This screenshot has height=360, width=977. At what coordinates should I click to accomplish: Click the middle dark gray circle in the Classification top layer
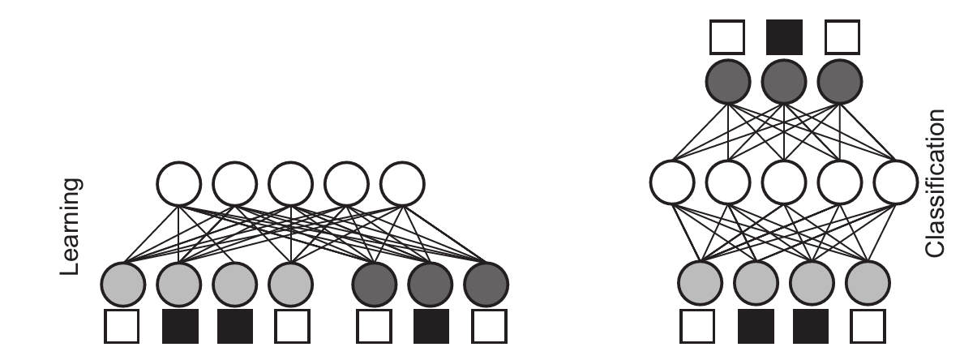coord(784,83)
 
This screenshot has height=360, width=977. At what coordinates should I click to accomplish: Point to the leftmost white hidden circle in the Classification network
coord(671,184)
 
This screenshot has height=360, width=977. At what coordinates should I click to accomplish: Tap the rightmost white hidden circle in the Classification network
coord(897,184)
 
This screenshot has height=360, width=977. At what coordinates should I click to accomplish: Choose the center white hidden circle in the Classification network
coord(784,184)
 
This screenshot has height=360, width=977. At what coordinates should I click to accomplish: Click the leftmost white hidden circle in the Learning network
coord(179,184)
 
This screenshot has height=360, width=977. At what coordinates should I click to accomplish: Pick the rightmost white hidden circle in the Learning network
coord(403,184)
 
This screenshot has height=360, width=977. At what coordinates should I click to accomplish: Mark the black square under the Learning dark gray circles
coord(431,327)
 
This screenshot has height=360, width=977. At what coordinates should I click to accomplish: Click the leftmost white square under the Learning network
coord(123,327)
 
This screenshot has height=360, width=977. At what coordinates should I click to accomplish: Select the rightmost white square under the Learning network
coord(486,327)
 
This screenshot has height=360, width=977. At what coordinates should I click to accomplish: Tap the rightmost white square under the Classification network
coord(868,327)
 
